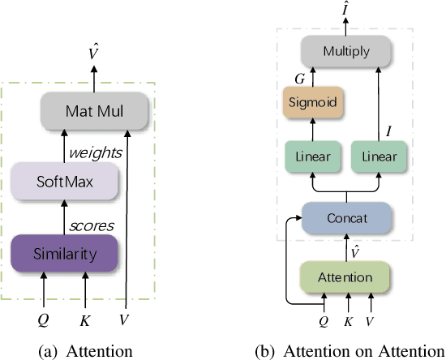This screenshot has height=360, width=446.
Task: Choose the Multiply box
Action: pos(346,51)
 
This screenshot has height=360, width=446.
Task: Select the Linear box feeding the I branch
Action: pos(380,156)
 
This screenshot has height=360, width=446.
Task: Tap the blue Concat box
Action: pos(346,217)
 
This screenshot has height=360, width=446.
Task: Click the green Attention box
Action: pos(346,277)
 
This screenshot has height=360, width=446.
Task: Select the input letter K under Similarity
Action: pos(84,319)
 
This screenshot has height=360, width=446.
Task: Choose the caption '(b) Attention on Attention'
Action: pos(349,350)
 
